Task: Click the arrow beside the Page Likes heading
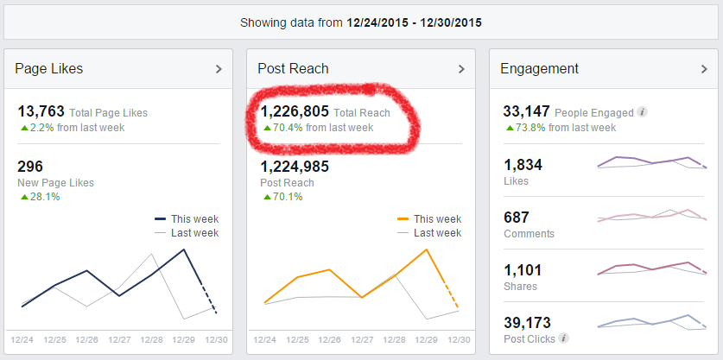pos(219,69)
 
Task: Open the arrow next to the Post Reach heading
pos(462,69)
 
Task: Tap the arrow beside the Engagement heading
pos(705,69)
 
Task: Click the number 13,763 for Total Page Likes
pos(41,111)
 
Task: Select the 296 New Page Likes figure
pos(30,167)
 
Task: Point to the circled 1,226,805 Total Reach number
pos(295,111)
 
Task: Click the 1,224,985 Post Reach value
pos(295,167)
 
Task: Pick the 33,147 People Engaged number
pos(526,111)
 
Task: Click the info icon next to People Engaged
pos(642,112)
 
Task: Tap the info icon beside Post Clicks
pos(563,338)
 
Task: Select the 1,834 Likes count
pos(522,165)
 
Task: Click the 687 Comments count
pos(517,218)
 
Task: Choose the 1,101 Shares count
pos(521,270)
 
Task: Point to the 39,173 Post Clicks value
pos(527,322)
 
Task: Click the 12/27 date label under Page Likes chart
pos(119,339)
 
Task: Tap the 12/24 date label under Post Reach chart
pos(264,339)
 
